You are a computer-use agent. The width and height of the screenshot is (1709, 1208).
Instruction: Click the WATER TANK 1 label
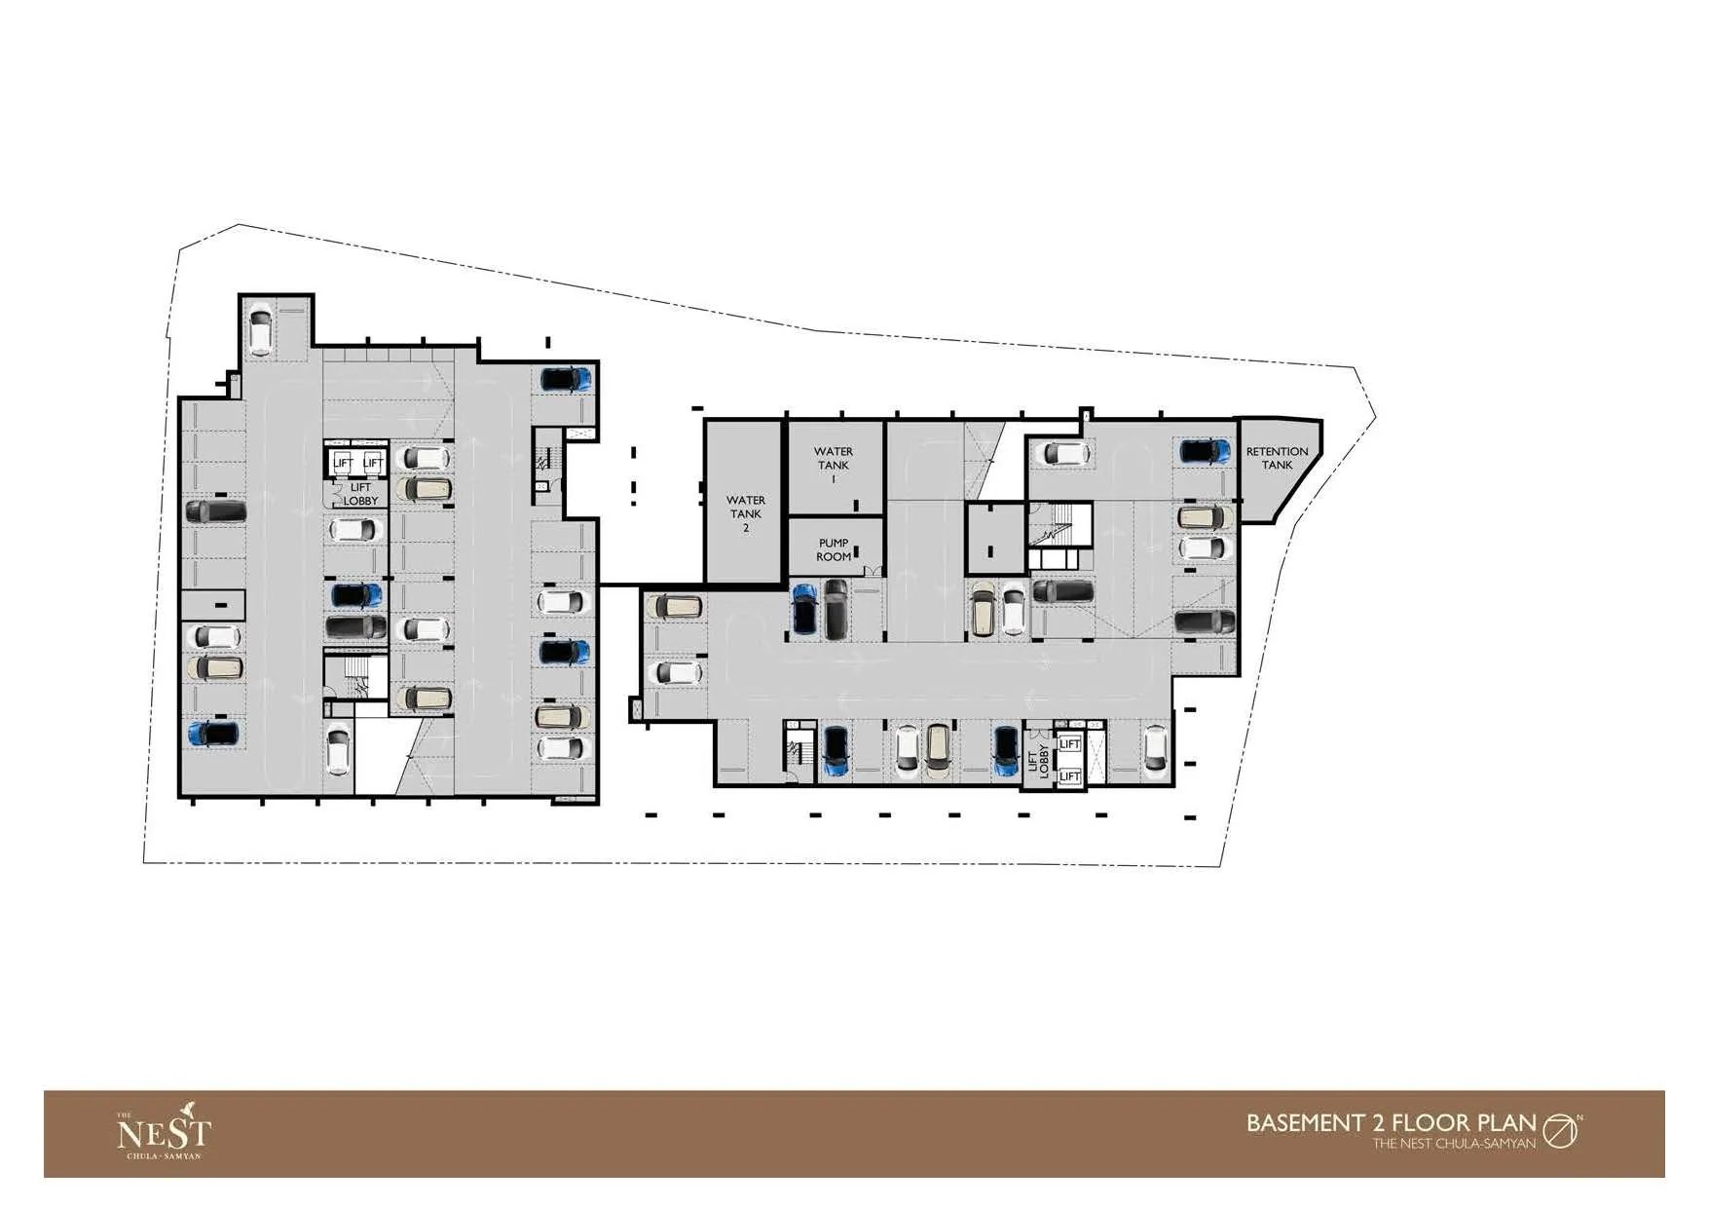click(834, 465)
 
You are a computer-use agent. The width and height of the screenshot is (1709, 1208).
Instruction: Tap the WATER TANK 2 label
click(746, 513)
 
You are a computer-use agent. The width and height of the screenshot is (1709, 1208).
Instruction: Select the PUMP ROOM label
click(834, 549)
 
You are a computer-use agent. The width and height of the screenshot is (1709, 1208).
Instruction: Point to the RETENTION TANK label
click(1278, 458)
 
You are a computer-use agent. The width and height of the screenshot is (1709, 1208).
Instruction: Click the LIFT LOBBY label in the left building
click(360, 494)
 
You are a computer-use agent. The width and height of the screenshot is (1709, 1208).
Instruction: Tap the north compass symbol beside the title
click(1561, 1131)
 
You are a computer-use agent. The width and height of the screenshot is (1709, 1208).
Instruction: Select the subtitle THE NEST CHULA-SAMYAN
click(1454, 1143)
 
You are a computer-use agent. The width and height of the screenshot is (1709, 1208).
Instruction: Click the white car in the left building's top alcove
click(260, 329)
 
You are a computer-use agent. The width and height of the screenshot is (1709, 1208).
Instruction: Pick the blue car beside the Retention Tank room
click(1206, 451)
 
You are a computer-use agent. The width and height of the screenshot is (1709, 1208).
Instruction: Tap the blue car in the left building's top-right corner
click(566, 379)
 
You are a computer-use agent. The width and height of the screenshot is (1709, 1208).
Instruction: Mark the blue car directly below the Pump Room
click(803, 609)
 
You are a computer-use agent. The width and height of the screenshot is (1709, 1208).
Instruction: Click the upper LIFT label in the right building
click(1069, 744)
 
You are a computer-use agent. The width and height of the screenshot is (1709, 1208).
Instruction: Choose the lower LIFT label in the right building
click(1069, 776)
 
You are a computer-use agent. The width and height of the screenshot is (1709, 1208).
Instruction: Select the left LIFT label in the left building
click(343, 462)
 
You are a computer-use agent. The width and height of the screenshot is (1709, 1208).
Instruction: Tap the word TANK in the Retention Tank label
click(1278, 465)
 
